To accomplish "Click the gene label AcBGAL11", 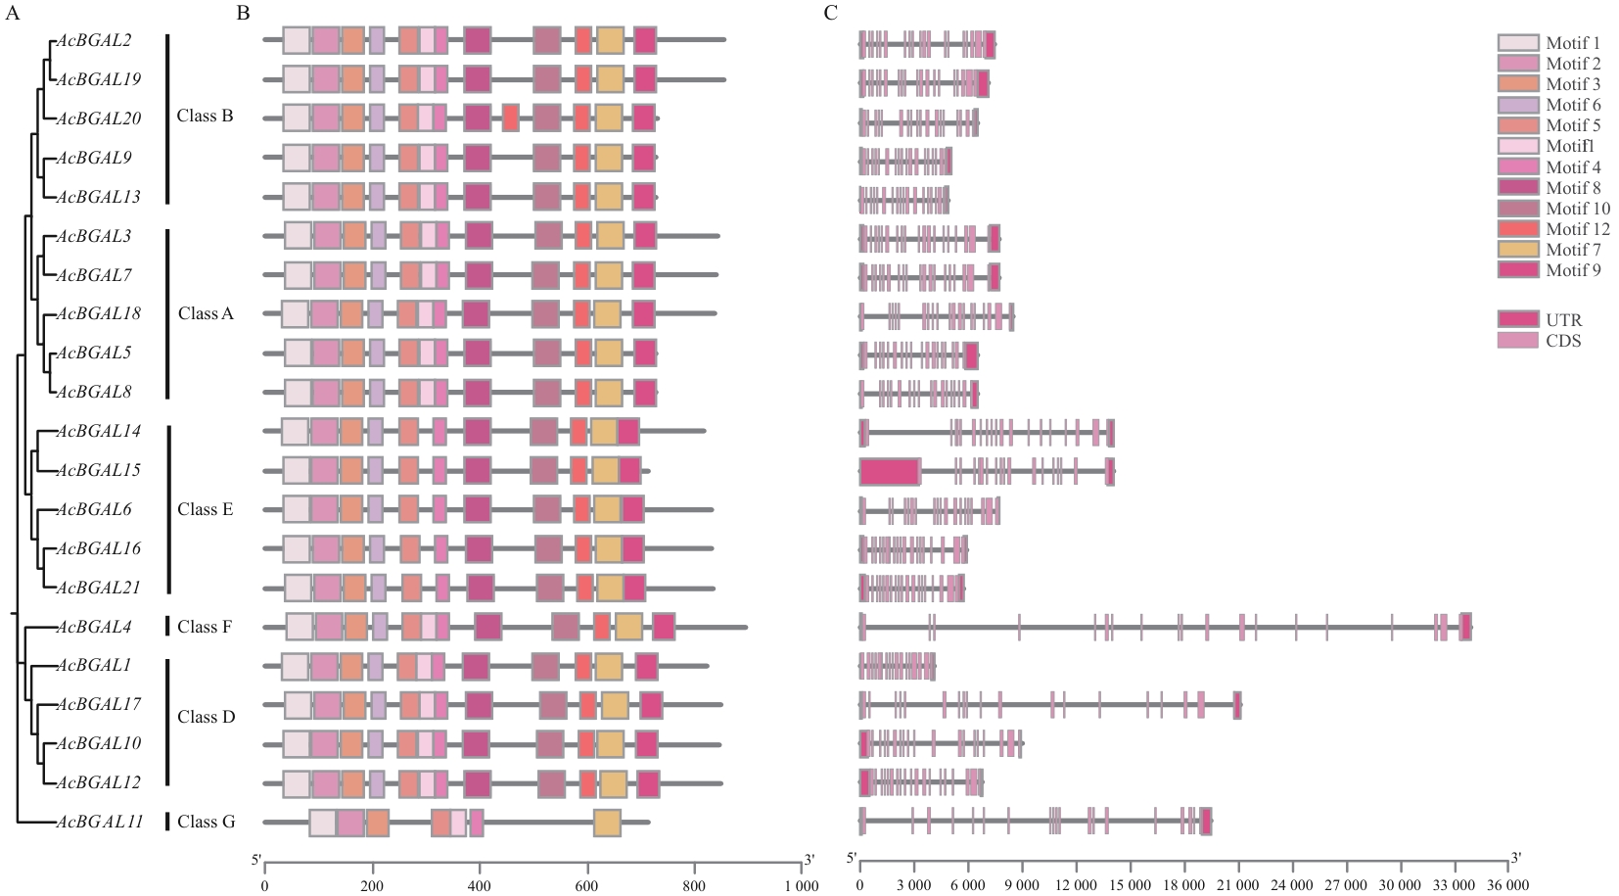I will coord(100,822).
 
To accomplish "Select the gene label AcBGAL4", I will coord(95,627).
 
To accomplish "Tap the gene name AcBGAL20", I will coord(99,118).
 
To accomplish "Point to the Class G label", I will coord(206,822).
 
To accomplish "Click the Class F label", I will coord(205,627).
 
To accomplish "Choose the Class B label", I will coord(205,116).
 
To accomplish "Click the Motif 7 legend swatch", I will coord(1517,250).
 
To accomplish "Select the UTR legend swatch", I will coord(1517,320).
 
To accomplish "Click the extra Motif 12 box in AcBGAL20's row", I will coord(510,118).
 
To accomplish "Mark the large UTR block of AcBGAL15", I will coord(890,471).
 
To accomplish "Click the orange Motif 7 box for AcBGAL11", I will coord(607,823).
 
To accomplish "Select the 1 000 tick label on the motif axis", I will coord(802,885).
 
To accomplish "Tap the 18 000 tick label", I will coord(1183,885).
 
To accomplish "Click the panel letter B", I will coord(243,13).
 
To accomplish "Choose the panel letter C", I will coord(830,13).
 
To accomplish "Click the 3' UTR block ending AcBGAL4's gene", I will coord(1465,627).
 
